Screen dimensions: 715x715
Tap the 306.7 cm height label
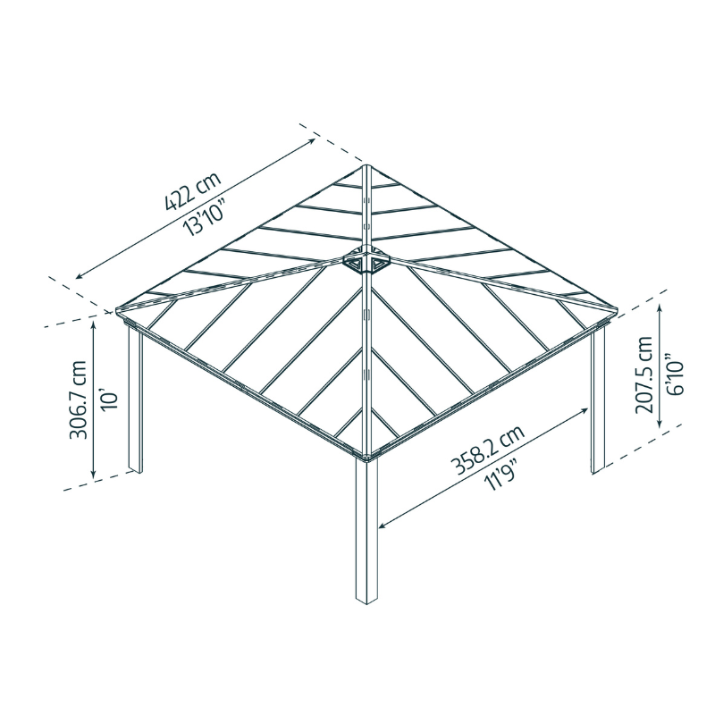click(x=79, y=400)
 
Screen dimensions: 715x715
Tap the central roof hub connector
click(x=366, y=263)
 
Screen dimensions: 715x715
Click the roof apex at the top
click(x=366, y=165)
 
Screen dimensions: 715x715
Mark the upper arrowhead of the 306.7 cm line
click(x=95, y=324)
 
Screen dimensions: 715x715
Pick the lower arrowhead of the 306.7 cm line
click(x=95, y=476)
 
